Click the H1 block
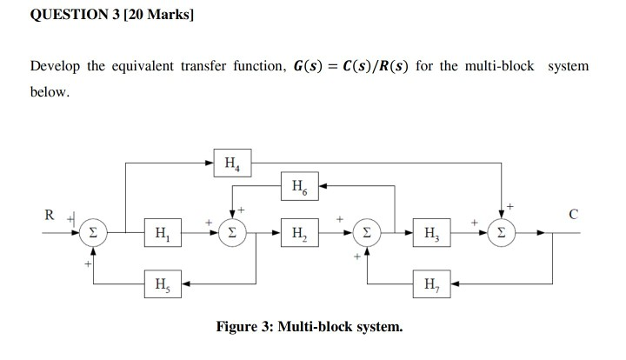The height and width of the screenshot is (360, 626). coord(162,233)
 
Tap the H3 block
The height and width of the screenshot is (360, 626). coord(432,233)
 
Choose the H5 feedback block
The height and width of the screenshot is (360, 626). coord(162,283)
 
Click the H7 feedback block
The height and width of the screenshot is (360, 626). coord(432,283)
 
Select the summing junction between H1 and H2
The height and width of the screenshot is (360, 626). coord(231,233)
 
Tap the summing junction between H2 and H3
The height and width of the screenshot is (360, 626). coord(368,233)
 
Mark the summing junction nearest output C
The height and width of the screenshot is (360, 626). coord(503,233)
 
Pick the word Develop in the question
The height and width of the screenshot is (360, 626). coord(55,67)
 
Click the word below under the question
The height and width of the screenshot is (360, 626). coord(49,90)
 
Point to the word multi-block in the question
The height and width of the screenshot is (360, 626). coord(506,67)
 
